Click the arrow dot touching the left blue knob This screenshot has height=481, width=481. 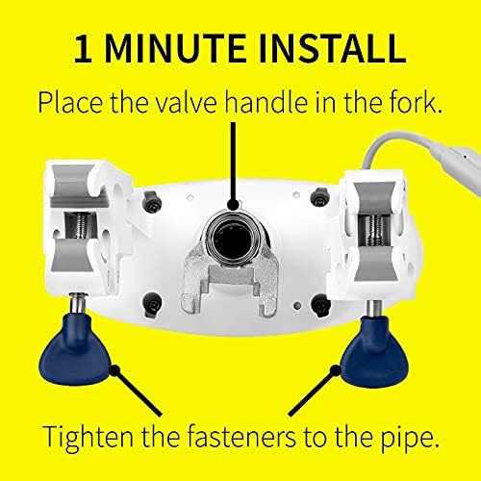click(114, 367)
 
